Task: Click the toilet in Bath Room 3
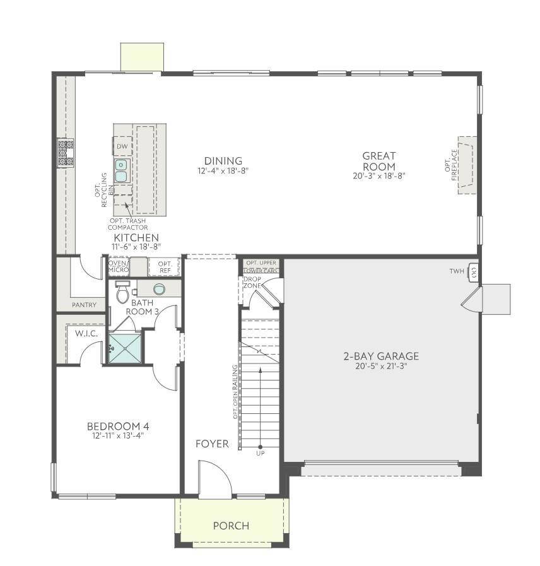click(122, 292)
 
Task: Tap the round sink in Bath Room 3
click(159, 289)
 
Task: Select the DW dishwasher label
click(122, 146)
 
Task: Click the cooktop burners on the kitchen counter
click(66, 153)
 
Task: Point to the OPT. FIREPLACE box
click(467, 165)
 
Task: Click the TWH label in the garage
click(457, 271)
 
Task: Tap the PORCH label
click(231, 526)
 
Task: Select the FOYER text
click(212, 444)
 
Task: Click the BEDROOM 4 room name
click(118, 427)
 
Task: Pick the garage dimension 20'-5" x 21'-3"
click(381, 366)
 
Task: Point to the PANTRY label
click(84, 305)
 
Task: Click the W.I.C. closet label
click(86, 334)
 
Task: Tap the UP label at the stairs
click(261, 454)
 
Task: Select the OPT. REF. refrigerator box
click(165, 267)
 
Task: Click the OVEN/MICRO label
click(119, 266)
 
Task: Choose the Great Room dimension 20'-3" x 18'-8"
click(379, 176)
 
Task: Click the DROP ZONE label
click(252, 282)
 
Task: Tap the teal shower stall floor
click(125, 349)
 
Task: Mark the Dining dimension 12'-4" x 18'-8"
click(223, 170)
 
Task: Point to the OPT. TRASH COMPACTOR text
click(128, 224)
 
